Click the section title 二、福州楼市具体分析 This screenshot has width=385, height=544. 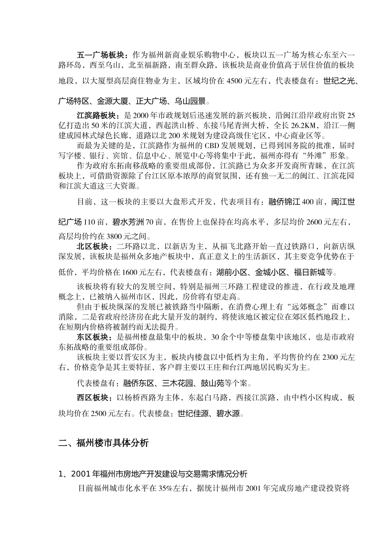click(103, 443)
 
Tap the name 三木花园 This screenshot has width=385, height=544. click(176, 383)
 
